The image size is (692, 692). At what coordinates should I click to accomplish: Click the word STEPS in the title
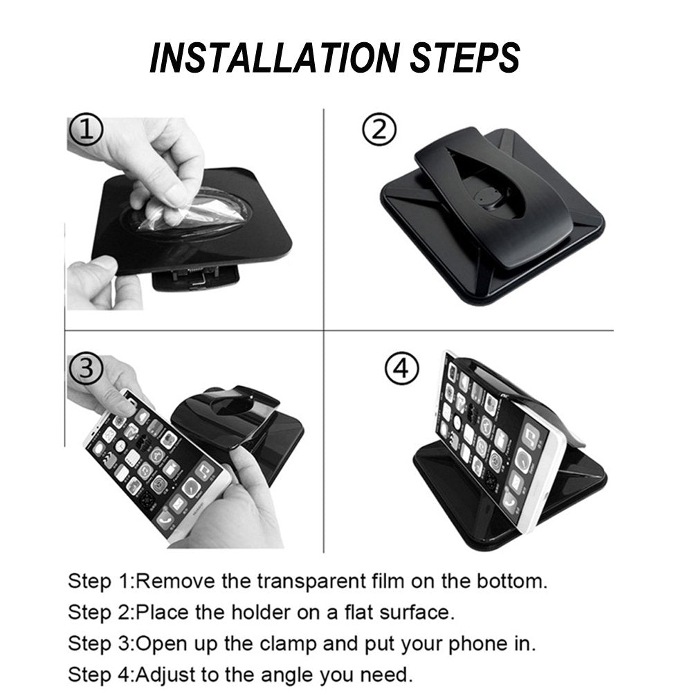(x=462, y=57)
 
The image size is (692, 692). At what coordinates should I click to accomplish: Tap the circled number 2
(x=380, y=129)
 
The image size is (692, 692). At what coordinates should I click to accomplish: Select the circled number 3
(x=86, y=367)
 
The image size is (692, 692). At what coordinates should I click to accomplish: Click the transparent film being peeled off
(x=170, y=207)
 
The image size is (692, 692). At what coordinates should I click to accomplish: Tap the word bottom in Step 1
(x=509, y=581)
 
